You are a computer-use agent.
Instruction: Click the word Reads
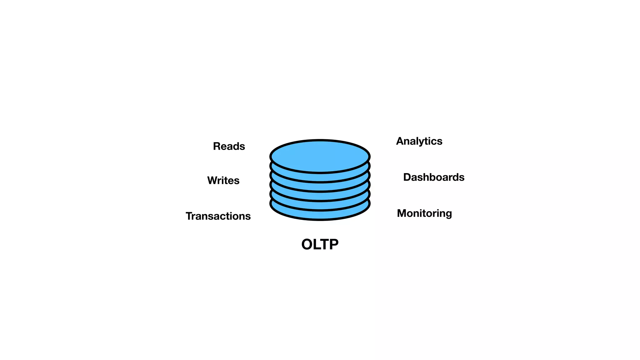tap(229, 146)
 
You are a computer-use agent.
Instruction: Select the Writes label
tap(223, 181)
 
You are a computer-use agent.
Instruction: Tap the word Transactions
tap(218, 216)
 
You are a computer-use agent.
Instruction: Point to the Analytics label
tap(419, 141)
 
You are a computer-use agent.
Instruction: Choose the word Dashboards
tap(434, 177)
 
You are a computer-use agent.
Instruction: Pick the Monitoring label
tap(424, 213)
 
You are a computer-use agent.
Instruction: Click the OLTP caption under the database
tap(320, 244)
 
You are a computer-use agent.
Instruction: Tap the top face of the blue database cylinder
tap(320, 156)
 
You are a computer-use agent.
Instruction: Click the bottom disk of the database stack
tap(320, 215)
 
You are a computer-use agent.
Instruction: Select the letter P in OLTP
tap(333, 244)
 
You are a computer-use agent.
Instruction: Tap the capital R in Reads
tap(217, 146)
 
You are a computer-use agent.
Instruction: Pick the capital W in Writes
tap(213, 181)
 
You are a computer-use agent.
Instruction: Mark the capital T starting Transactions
tap(189, 216)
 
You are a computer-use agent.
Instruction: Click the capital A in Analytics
tap(400, 141)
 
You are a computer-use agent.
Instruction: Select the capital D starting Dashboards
tap(407, 177)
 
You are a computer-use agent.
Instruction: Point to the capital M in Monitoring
tap(402, 213)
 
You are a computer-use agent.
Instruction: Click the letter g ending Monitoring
tap(449, 214)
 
